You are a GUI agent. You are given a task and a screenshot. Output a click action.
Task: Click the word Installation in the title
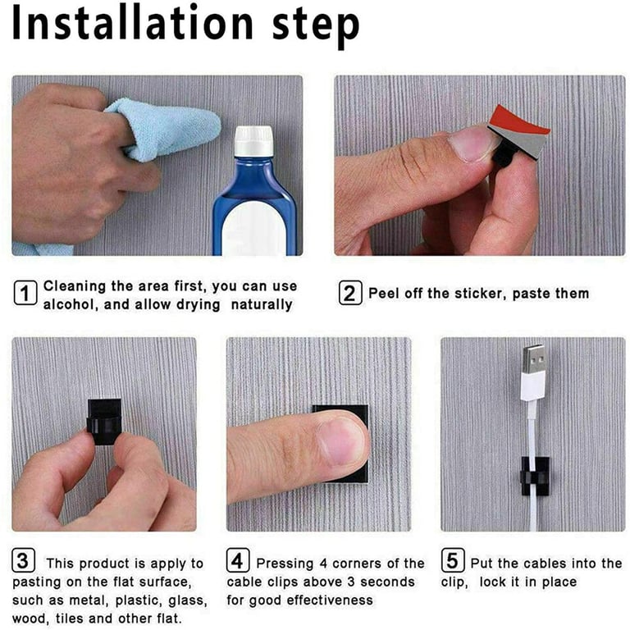pyautogui.click(x=132, y=23)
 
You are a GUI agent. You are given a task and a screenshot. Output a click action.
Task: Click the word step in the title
pyautogui.click(x=315, y=27)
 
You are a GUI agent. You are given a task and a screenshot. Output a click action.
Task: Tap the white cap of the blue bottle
pyautogui.click(x=254, y=141)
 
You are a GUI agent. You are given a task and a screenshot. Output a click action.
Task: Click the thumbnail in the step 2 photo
pyautogui.click(x=472, y=144)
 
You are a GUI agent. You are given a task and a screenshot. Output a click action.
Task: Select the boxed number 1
pyautogui.click(x=25, y=293)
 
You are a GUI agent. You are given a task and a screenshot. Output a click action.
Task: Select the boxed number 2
pyautogui.click(x=349, y=293)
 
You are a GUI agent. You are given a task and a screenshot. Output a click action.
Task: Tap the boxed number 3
pyautogui.click(x=23, y=559)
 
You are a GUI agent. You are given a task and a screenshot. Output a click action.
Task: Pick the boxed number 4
pyautogui.click(x=238, y=559)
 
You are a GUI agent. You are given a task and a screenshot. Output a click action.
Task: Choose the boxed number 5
pyautogui.click(x=453, y=559)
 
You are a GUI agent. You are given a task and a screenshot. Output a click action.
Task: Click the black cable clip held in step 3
pyautogui.click(x=104, y=421)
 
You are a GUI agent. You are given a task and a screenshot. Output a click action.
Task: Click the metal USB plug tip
pyautogui.click(x=533, y=358)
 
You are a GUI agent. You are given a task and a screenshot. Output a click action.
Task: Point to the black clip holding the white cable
pyautogui.click(x=535, y=476)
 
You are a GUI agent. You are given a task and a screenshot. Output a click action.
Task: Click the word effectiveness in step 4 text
pyautogui.click(x=330, y=600)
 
